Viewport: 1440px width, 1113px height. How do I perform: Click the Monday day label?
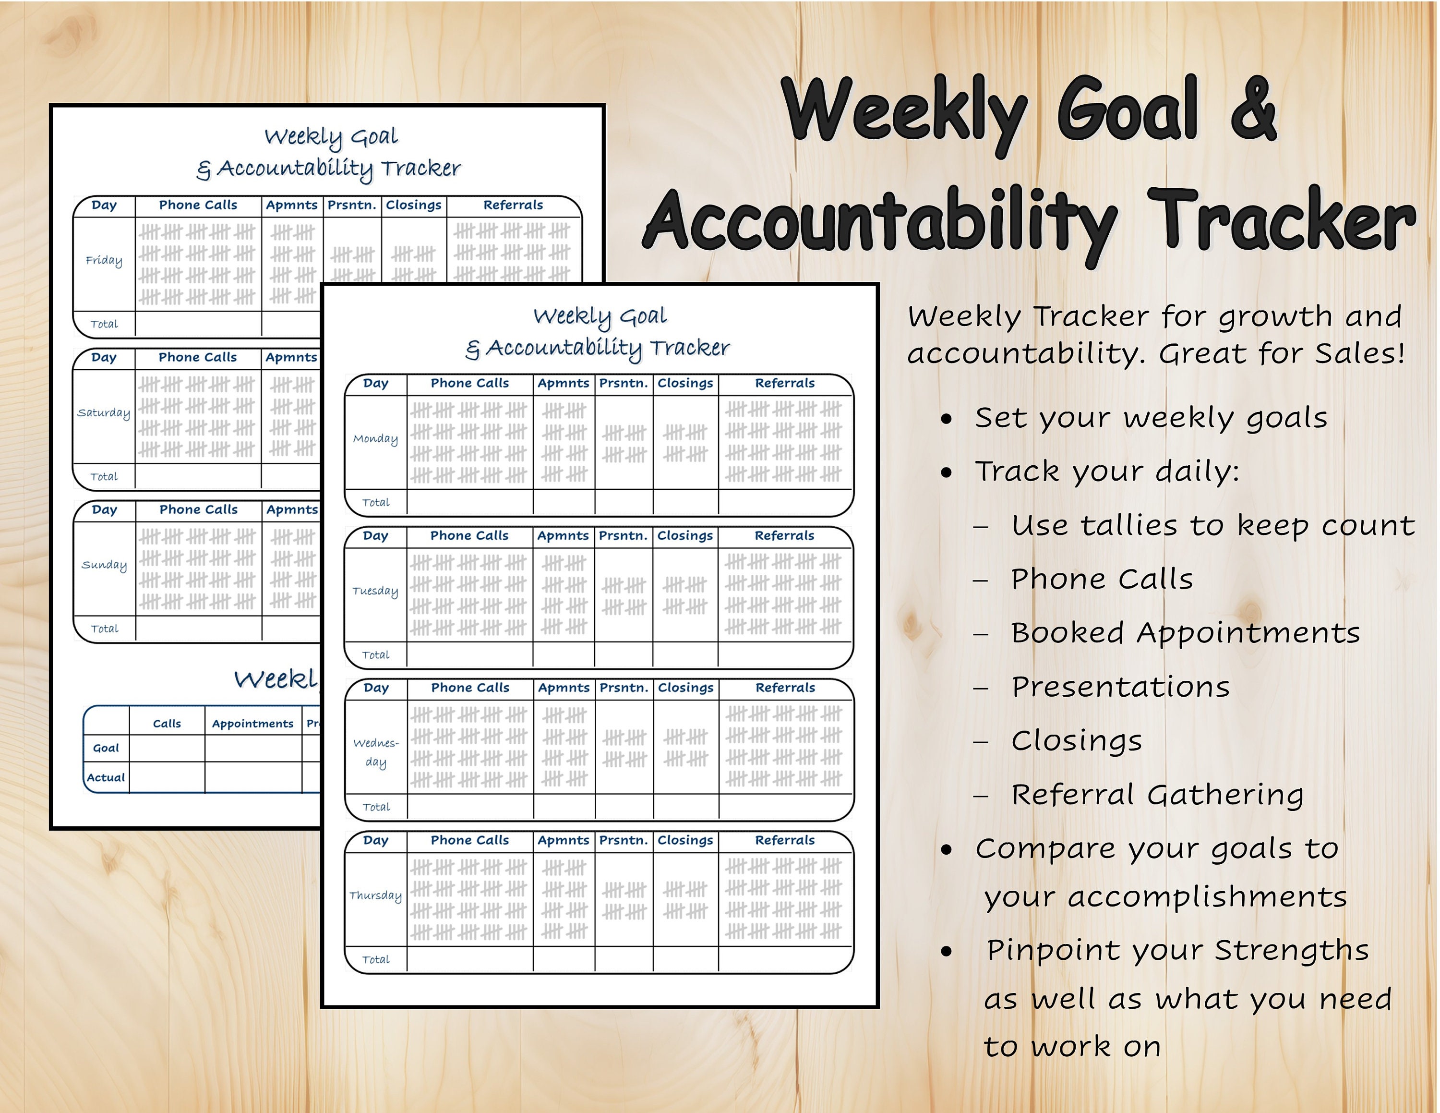(375, 439)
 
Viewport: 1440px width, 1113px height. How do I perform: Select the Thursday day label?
(375, 895)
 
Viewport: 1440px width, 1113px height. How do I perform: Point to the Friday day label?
(104, 260)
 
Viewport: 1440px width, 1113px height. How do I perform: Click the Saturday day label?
(104, 413)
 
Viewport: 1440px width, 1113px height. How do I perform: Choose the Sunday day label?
(104, 565)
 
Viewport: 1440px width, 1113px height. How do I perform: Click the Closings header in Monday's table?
(685, 383)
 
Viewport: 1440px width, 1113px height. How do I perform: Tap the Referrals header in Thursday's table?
(785, 840)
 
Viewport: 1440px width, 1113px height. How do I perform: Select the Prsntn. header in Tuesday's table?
(623, 535)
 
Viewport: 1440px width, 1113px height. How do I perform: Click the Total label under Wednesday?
(376, 807)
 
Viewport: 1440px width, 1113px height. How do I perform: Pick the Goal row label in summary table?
(106, 748)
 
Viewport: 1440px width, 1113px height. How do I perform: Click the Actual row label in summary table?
(106, 777)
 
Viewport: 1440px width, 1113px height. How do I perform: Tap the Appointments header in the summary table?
(252, 723)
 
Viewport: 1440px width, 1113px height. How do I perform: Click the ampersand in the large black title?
(1253, 109)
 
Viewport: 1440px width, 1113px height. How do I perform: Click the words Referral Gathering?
(1157, 795)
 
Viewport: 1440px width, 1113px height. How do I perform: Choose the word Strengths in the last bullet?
(1291, 950)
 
